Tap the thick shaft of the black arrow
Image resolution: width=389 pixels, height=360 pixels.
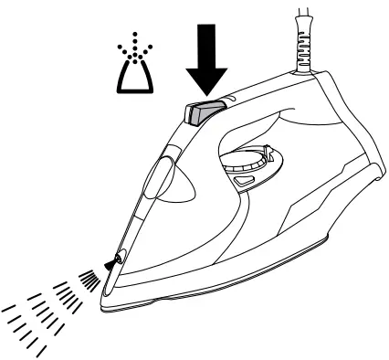pos(207,41)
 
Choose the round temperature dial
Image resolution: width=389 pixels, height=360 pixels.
pos(245,164)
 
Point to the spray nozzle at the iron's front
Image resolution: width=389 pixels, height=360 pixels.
pos(113,263)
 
